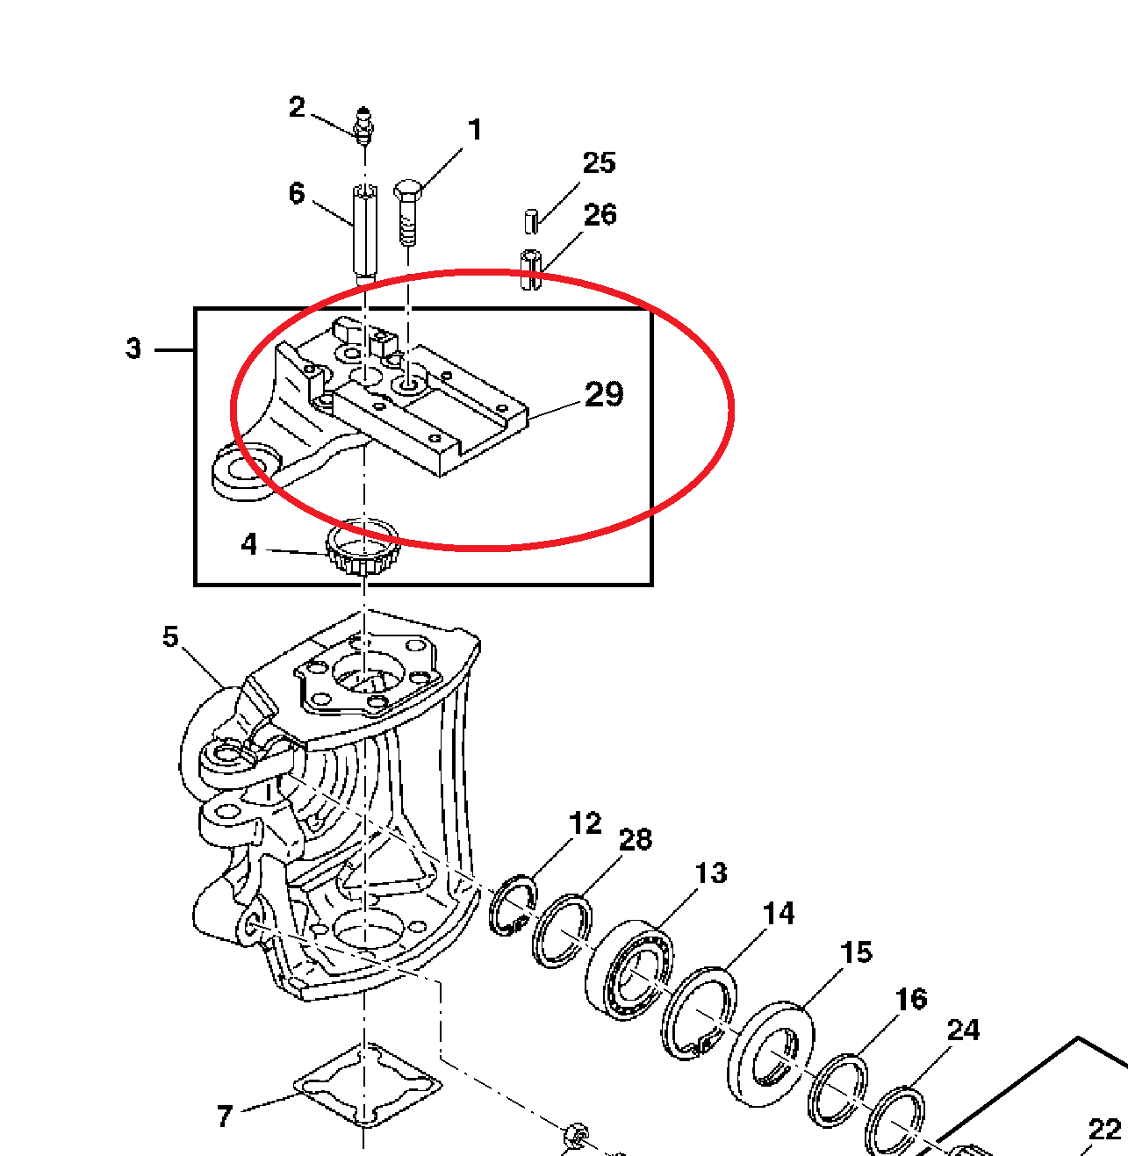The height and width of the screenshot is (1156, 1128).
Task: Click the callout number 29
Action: pos(604,394)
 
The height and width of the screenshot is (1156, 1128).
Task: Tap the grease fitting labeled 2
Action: pos(363,124)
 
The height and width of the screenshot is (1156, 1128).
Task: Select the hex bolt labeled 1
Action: pos(406,211)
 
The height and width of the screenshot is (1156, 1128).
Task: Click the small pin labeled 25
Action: pos(530,220)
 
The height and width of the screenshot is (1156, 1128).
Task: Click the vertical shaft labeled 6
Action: pos(363,230)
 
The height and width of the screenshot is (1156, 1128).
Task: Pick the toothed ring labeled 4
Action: pos(362,549)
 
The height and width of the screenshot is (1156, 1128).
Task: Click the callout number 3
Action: pos(133,348)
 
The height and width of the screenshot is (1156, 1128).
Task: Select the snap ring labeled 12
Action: pos(513,905)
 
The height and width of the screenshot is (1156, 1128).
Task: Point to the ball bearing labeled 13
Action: pos(629,969)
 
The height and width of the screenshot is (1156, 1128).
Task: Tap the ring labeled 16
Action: pos(837,1090)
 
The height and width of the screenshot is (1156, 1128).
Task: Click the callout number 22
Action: pos(1103,1129)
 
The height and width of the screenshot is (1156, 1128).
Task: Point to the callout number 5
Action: pos(170,637)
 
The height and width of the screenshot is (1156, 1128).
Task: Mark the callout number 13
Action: pos(711,872)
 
